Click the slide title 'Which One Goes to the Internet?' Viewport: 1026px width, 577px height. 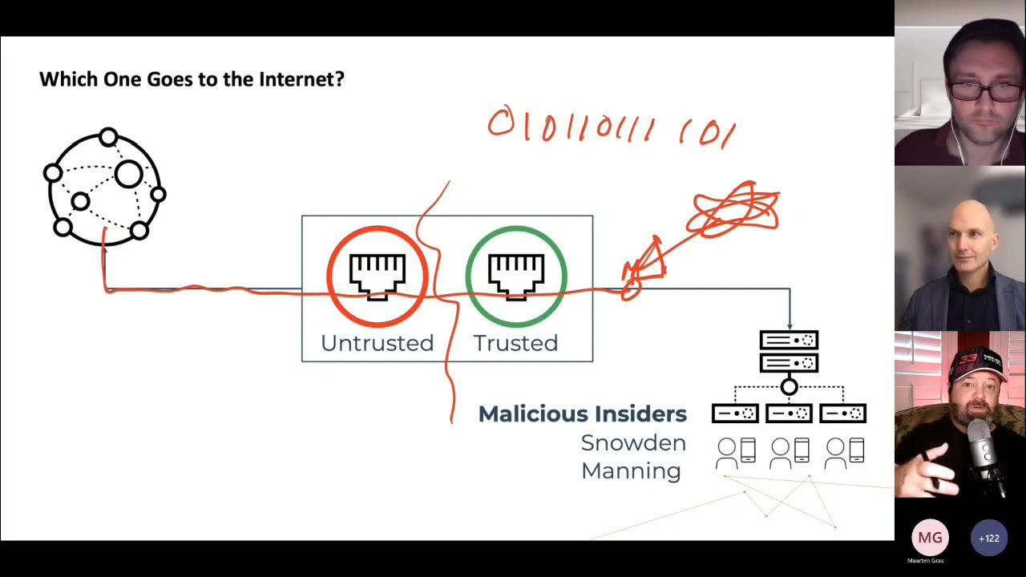192,79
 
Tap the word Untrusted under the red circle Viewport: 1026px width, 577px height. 377,343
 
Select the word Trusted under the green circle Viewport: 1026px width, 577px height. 515,343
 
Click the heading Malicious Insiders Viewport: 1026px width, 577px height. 582,414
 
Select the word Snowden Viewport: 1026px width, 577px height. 633,443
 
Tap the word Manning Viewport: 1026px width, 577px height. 631,470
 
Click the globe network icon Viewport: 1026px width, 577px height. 104,187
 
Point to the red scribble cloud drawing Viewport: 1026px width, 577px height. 735,208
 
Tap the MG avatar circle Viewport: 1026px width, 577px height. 930,538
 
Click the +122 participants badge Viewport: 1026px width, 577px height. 989,538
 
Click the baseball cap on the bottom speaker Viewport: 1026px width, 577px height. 976,365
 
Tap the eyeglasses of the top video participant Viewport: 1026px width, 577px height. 983,92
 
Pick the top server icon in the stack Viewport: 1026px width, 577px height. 789,341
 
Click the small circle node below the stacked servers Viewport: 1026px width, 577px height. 789,387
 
